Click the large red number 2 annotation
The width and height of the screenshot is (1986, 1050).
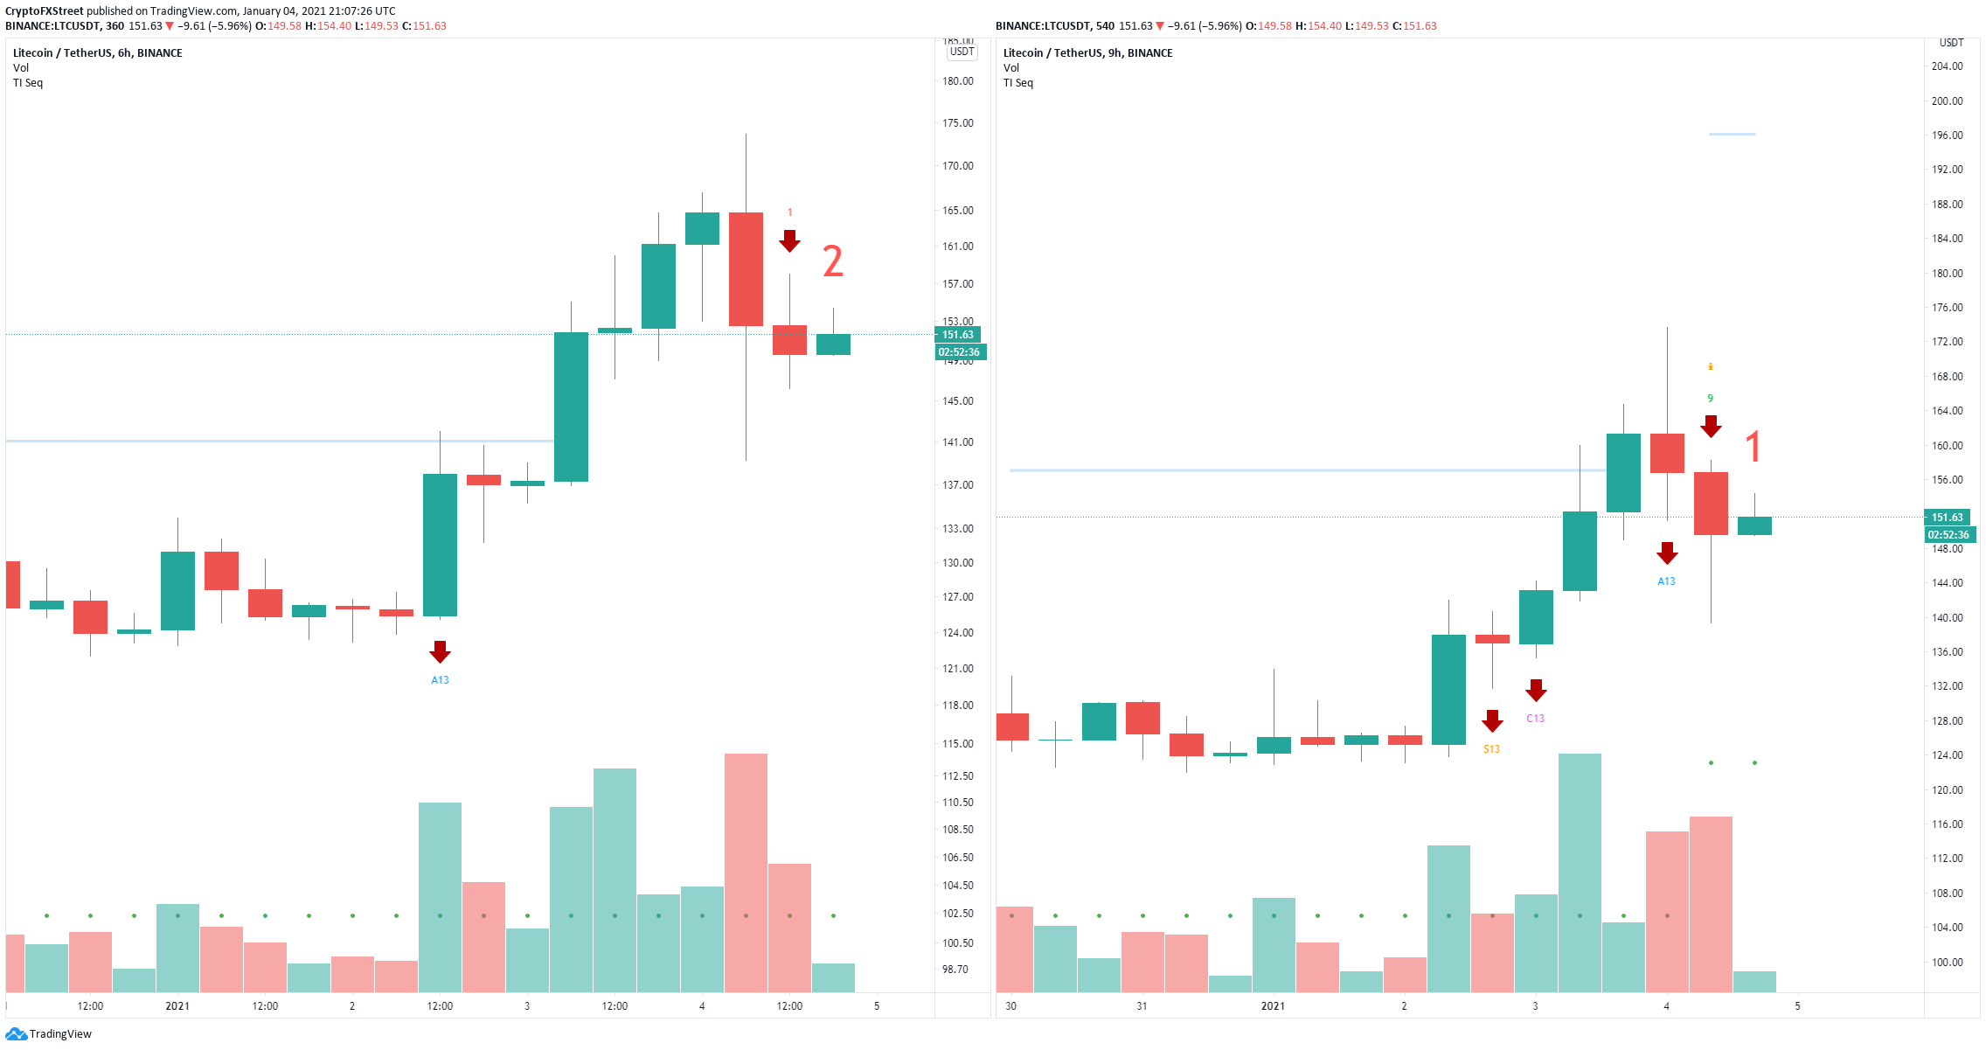coord(833,261)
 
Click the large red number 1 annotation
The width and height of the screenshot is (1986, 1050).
coord(1753,446)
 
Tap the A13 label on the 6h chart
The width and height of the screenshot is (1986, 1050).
coord(440,680)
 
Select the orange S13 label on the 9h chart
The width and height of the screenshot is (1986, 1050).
coord(1491,749)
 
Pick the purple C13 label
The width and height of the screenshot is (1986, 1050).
coord(1535,719)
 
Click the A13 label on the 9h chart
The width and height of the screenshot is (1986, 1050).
coord(1666,581)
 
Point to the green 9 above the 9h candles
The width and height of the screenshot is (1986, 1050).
coord(1710,399)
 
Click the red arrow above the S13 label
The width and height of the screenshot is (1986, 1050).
coord(1492,720)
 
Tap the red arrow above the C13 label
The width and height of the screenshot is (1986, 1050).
coord(1536,690)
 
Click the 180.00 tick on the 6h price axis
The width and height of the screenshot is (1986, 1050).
coord(957,81)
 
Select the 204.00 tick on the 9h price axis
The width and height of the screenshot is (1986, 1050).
coord(1947,66)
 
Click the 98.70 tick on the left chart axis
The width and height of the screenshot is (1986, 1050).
coord(955,970)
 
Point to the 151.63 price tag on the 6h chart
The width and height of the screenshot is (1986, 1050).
coord(958,335)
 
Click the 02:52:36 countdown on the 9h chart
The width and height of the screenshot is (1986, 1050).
coord(1949,535)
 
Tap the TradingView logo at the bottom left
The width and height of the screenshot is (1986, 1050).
coord(48,1034)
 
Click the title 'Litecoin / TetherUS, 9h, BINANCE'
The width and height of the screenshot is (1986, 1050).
coord(1087,53)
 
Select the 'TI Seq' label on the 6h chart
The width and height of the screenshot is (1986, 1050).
coord(28,83)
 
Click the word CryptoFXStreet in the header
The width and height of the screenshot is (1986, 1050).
coord(45,11)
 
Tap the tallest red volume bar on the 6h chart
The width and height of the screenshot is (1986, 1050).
coord(746,873)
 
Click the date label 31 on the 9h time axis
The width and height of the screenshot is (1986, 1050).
coord(1142,1006)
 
